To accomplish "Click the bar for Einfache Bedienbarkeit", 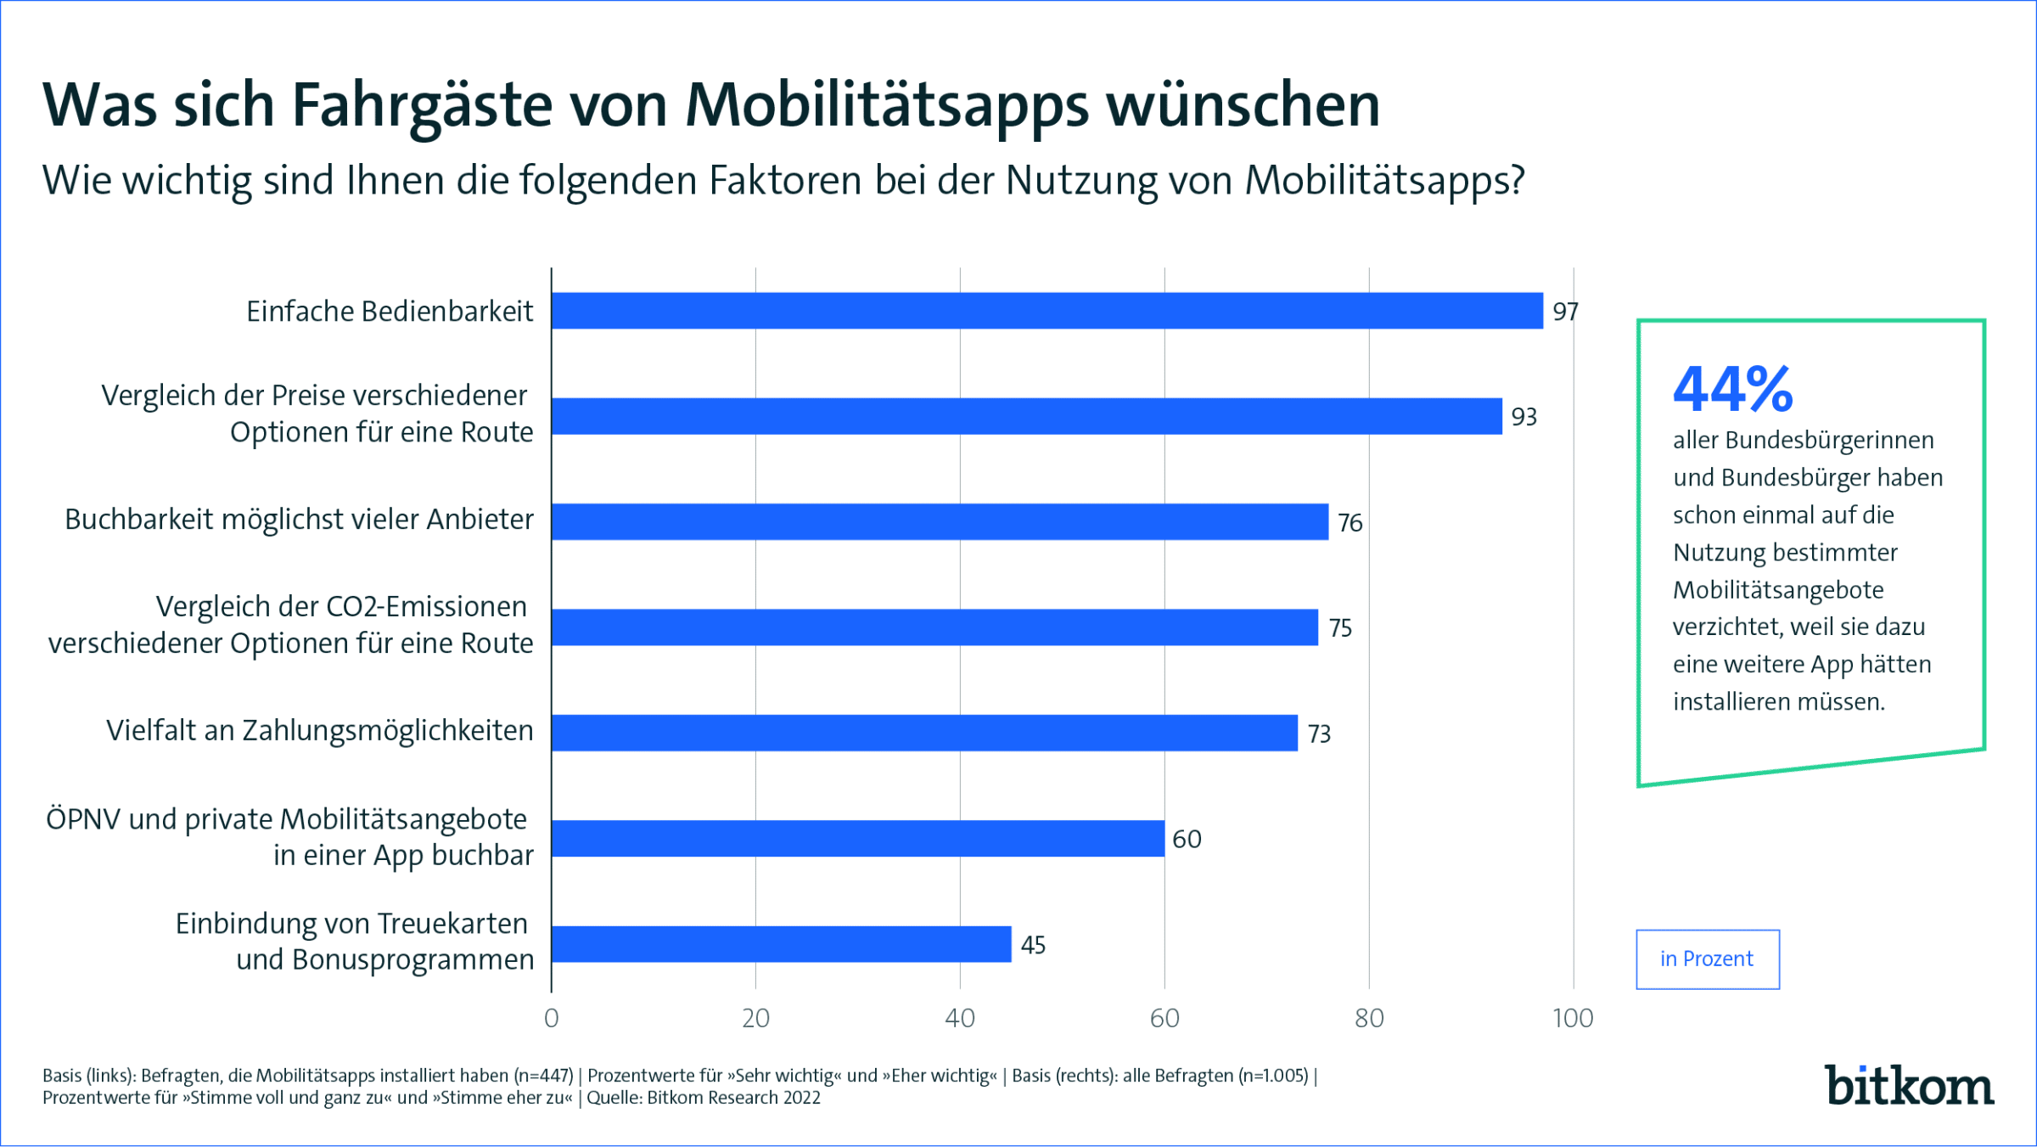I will point(1047,311).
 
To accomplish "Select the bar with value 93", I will point(1026,416).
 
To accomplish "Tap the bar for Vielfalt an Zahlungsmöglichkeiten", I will point(924,733).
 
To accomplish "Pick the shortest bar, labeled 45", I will point(781,944).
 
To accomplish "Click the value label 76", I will point(1350,522).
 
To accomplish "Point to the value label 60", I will point(1187,839).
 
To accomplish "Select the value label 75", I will point(1340,627).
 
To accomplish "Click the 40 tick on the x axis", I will point(960,1018).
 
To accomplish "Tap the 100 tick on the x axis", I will point(1573,1018).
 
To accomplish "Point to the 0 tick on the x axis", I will point(552,1018).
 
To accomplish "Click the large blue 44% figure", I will point(1732,390).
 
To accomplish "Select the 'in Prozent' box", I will point(1707,959).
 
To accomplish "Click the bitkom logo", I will point(1909,1086).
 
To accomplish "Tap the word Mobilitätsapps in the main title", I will point(887,107).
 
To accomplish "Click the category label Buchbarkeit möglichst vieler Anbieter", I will point(299,520).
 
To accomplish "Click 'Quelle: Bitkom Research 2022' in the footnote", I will point(704,1098).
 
